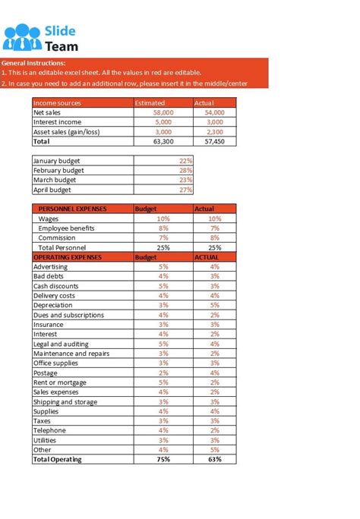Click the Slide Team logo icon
click(x=22, y=38)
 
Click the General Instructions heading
click(x=34, y=63)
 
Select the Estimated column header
click(x=149, y=102)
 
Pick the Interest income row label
click(x=58, y=122)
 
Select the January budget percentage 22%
click(x=185, y=161)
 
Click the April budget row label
click(x=55, y=190)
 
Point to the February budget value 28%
click(x=185, y=171)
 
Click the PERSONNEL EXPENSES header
click(x=72, y=209)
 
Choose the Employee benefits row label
click(x=66, y=228)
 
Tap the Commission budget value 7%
click(x=163, y=237)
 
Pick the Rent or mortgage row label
click(x=60, y=382)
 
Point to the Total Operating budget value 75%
click(x=163, y=459)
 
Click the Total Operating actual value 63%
click(x=214, y=459)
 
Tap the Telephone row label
click(x=50, y=430)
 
